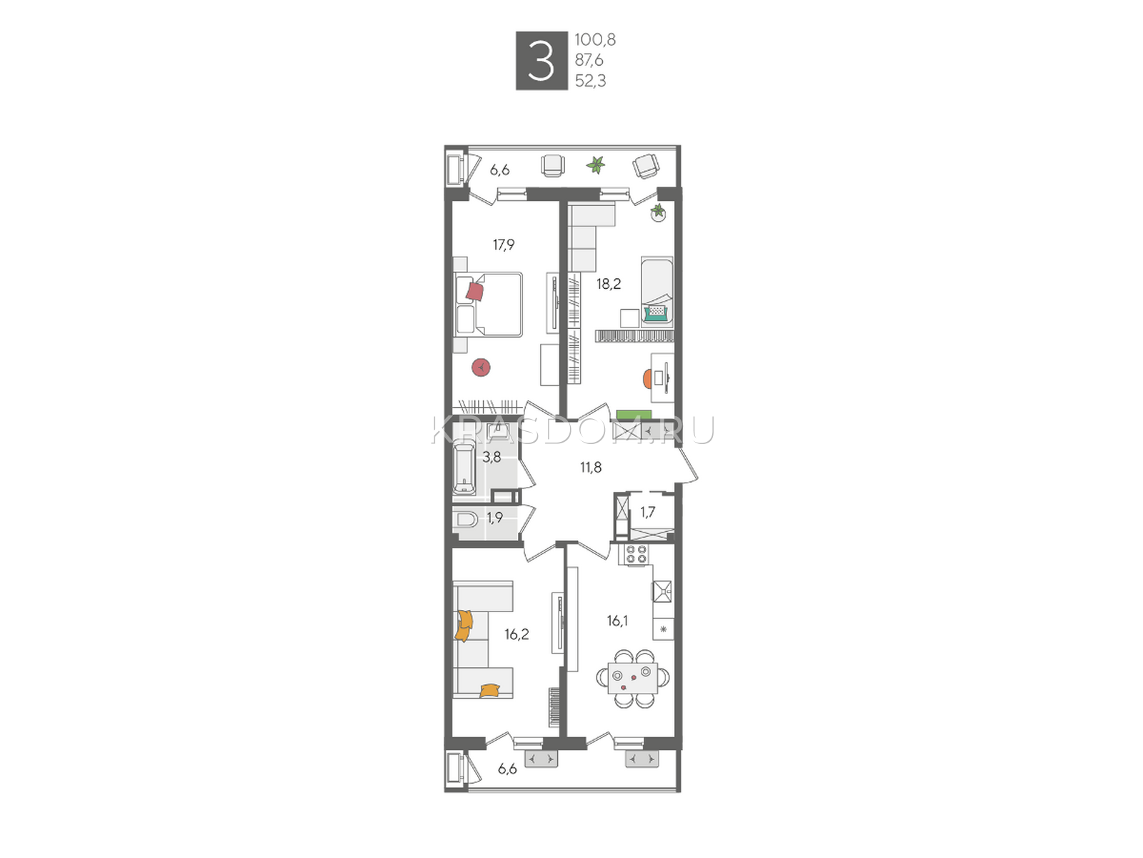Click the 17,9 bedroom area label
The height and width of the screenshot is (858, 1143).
tap(504, 245)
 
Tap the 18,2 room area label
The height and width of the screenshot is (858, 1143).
tap(608, 284)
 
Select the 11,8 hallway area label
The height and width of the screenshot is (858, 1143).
tap(591, 468)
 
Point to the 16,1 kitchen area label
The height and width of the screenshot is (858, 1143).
tap(617, 621)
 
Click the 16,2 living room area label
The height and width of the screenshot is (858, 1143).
tap(516, 634)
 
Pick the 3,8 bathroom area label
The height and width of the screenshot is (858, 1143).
tap(491, 458)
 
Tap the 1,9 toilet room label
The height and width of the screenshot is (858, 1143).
tap(494, 518)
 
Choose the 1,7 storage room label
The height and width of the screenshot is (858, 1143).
tap(648, 513)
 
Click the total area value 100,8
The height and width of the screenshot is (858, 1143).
tap(595, 39)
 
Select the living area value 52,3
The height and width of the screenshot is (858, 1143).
tap(591, 81)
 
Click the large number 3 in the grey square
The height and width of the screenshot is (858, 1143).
tap(541, 61)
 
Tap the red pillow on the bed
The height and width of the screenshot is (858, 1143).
tap(475, 291)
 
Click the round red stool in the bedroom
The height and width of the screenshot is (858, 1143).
tap(481, 368)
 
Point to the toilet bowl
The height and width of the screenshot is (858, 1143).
tap(466, 519)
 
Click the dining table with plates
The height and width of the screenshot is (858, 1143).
tap(633, 679)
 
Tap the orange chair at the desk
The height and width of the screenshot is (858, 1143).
tap(648, 379)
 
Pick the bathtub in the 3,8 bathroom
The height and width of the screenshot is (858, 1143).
tap(464, 468)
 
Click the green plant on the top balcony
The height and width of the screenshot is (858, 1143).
tap(596, 165)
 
